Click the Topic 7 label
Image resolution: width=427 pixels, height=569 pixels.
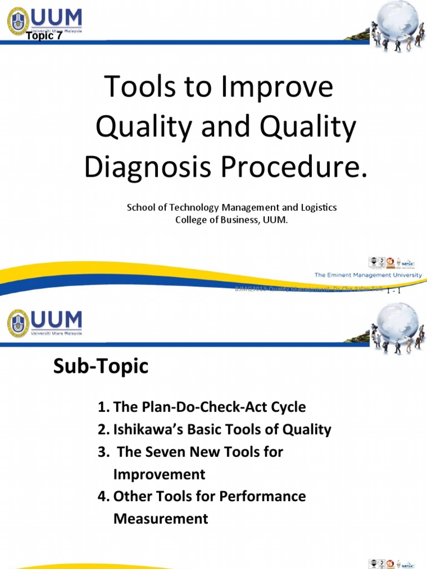(44, 37)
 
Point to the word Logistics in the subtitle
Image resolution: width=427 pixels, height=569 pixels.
(317, 207)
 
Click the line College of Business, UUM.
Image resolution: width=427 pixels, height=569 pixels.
(232, 220)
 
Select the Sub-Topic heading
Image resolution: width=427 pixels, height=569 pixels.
(101, 367)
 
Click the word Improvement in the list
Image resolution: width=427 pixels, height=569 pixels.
(159, 475)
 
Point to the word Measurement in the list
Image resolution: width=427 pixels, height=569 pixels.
(161, 519)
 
